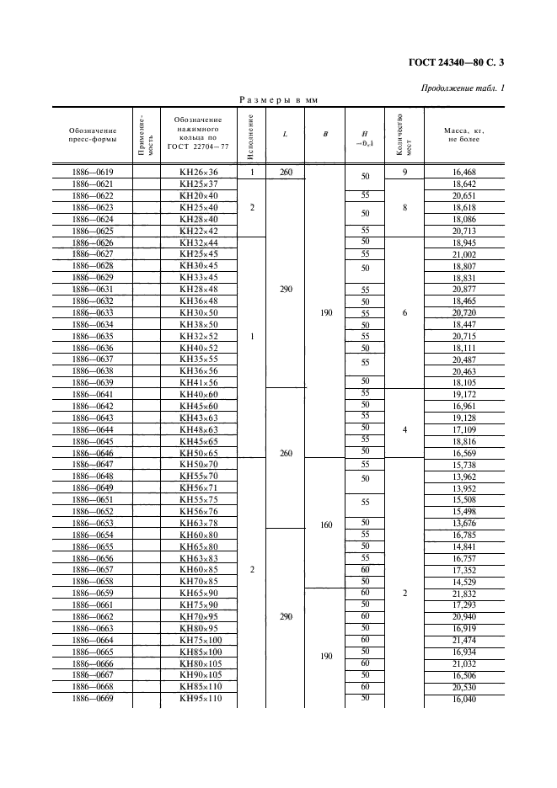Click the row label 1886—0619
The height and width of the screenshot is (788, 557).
click(x=93, y=173)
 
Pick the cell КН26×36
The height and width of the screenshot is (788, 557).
click(x=199, y=173)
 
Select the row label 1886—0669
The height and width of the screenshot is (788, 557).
click(x=93, y=699)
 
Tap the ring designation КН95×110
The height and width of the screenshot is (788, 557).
click(x=199, y=699)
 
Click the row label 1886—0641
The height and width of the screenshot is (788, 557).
click(x=93, y=394)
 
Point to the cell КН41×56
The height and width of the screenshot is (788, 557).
click(x=199, y=382)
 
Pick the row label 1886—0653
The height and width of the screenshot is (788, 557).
click(x=93, y=523)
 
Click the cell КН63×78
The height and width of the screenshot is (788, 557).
click(x=199, y=523)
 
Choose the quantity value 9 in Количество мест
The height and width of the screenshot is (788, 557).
click(x=405, y=173)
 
